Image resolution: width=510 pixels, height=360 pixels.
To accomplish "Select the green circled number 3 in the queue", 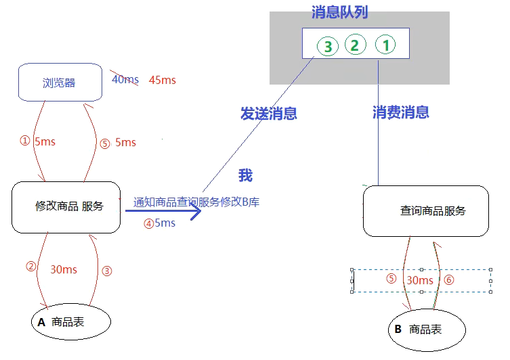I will pyautogui.click(x=328, y=47).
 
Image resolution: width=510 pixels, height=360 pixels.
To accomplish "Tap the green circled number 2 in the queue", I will pyautogui.click(x=354, y=45).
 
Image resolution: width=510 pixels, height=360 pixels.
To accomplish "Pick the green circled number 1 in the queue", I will pyautogui.click(x=384, y=45).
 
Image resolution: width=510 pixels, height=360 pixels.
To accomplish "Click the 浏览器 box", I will pyautogui.click(x=59, y=83).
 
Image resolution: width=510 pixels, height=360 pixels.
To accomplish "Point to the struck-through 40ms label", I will pyautogui.click(x=125, y=80).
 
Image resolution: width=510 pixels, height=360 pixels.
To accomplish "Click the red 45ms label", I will pyautogui.click(x=162, y=80).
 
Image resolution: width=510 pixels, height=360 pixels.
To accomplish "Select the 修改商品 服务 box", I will pyautogui.click(x=66, y=206).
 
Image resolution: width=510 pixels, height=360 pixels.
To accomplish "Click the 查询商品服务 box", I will pyautogui.click(x=425, y=210).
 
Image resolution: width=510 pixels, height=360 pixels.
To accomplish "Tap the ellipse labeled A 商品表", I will pyautogui.click(x=70, y=323).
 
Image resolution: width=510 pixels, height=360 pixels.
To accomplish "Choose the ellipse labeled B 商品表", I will pyautogui.click(x=427, y=330).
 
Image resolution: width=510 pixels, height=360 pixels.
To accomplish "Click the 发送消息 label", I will pyautogui.click(x=268, y=113).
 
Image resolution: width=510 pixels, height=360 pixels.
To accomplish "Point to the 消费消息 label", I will pyautogui.click(x=400, y=112).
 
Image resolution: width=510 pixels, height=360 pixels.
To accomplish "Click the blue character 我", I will pyautogui.click(x=245, y=176).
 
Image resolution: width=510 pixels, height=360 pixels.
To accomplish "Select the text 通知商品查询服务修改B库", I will pyautogui.click(x=197, y=202).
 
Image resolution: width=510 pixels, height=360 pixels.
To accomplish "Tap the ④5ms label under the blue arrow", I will pyautogui.click(x=159, y=223).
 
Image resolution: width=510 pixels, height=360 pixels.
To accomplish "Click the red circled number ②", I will pyautogui.click(x=30, y=266).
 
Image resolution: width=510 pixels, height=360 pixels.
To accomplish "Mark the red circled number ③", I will pyautogui.click(x=106, y=271).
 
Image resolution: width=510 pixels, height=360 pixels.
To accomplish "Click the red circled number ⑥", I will pyautogui.click(x=449, y=279).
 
